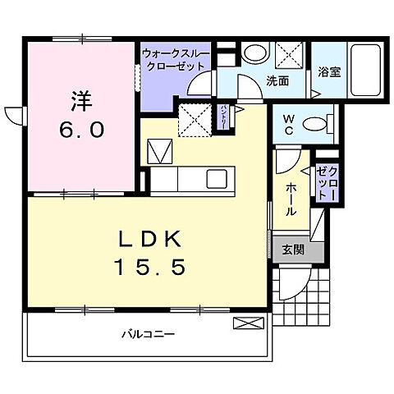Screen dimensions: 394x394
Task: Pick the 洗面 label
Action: click(276, 80)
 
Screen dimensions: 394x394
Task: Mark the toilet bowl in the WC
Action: click(314, 125)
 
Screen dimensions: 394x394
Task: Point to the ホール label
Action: click(291, 199)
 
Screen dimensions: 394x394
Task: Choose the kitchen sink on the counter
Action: click(217, 178)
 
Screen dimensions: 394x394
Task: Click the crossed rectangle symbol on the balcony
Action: click(244, 323)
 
